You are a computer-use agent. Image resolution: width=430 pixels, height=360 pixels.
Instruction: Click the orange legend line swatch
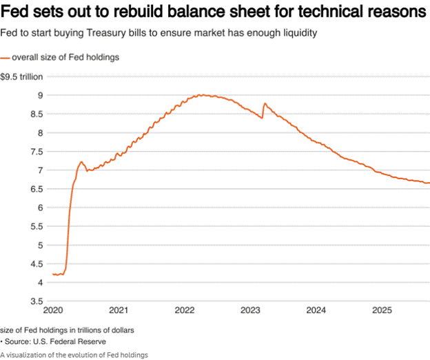coord(6,57)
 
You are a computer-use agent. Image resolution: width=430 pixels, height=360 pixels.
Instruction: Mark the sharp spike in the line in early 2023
coord(265,104)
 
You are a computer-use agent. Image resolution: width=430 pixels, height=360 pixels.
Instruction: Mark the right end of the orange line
coord(428,183)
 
